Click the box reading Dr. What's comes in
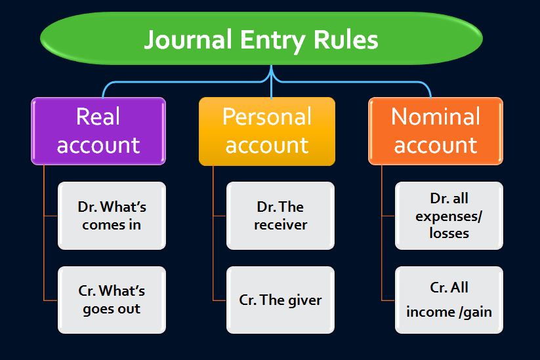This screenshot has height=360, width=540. pos(112,216)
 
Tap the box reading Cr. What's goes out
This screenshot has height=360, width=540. pos(112,300)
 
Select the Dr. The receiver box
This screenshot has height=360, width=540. pos(280,216)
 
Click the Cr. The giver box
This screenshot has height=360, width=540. pos(280,300)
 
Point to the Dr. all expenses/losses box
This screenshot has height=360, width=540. pos(449,216)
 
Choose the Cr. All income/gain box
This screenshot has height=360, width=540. pos(449,300)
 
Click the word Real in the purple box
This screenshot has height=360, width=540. pos(98,117)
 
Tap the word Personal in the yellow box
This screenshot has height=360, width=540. pos(266,117)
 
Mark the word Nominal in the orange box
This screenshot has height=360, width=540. pos(436,117)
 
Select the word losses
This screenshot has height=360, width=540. pos(449,233)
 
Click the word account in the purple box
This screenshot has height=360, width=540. pos(98,146)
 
